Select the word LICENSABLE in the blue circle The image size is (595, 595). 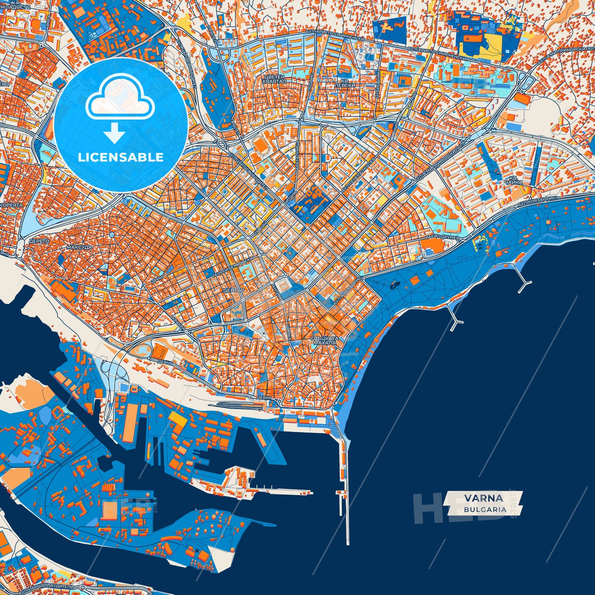tap(121, 157)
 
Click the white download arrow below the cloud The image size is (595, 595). tap(114, 134)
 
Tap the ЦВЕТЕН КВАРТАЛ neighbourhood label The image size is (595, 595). tap(274, 79)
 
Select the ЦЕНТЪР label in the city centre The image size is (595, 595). tap(233, 290)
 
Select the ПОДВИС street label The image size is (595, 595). tap(312, 83)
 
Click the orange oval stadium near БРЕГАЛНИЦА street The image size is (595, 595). tap(260, 145)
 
